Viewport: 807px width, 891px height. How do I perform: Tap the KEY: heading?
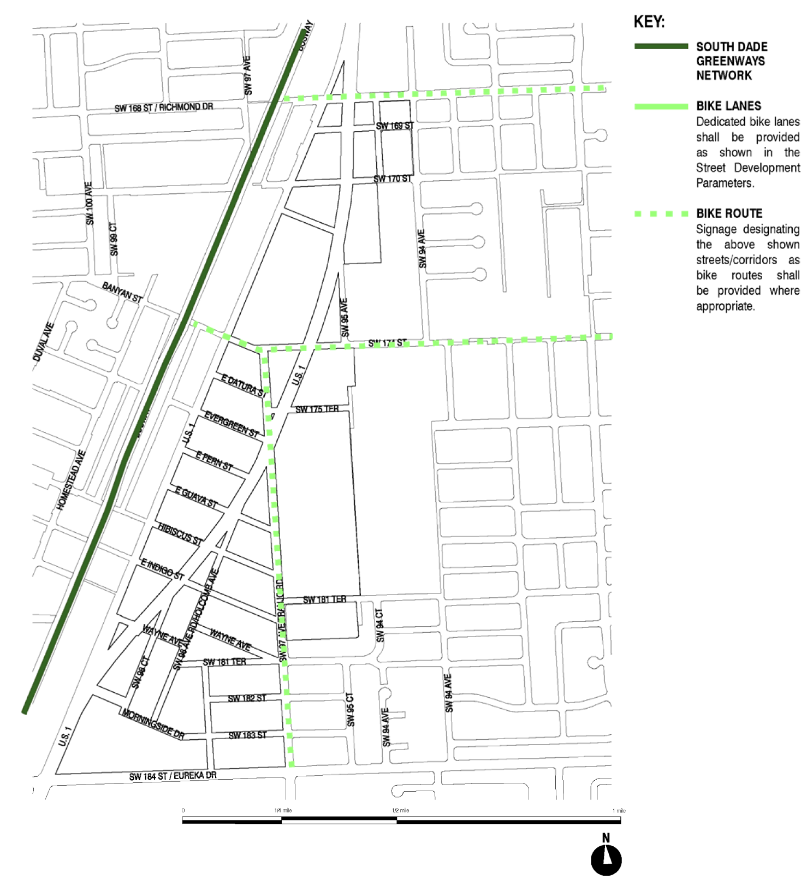coord(649,22)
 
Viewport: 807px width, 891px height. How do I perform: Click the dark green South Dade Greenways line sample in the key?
coord(661,46)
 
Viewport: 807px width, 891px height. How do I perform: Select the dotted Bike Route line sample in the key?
coord(661,214)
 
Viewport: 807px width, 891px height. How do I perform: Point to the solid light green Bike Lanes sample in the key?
coord(661,106)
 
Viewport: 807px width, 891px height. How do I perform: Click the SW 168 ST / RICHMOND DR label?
coord(164,108)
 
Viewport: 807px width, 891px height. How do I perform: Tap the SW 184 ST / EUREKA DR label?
coord(173,776)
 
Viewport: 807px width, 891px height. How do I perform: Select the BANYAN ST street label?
coord(122,292)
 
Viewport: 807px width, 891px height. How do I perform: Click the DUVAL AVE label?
coord(44,342)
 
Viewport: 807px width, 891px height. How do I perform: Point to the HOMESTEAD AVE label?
coord(71,480)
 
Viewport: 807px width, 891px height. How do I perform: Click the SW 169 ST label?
coord(395,126)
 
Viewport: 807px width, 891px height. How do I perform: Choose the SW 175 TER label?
coord(317,409)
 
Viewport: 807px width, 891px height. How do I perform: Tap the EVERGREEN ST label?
coord(232,425)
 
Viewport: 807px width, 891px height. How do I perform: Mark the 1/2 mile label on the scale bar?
coord(400,810)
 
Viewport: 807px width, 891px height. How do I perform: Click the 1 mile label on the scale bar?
coord(619,811)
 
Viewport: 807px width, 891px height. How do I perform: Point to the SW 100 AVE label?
coord(90,203)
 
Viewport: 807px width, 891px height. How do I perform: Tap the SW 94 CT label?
coord(380,626)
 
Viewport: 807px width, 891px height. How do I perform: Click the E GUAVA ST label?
coord(196,497)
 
